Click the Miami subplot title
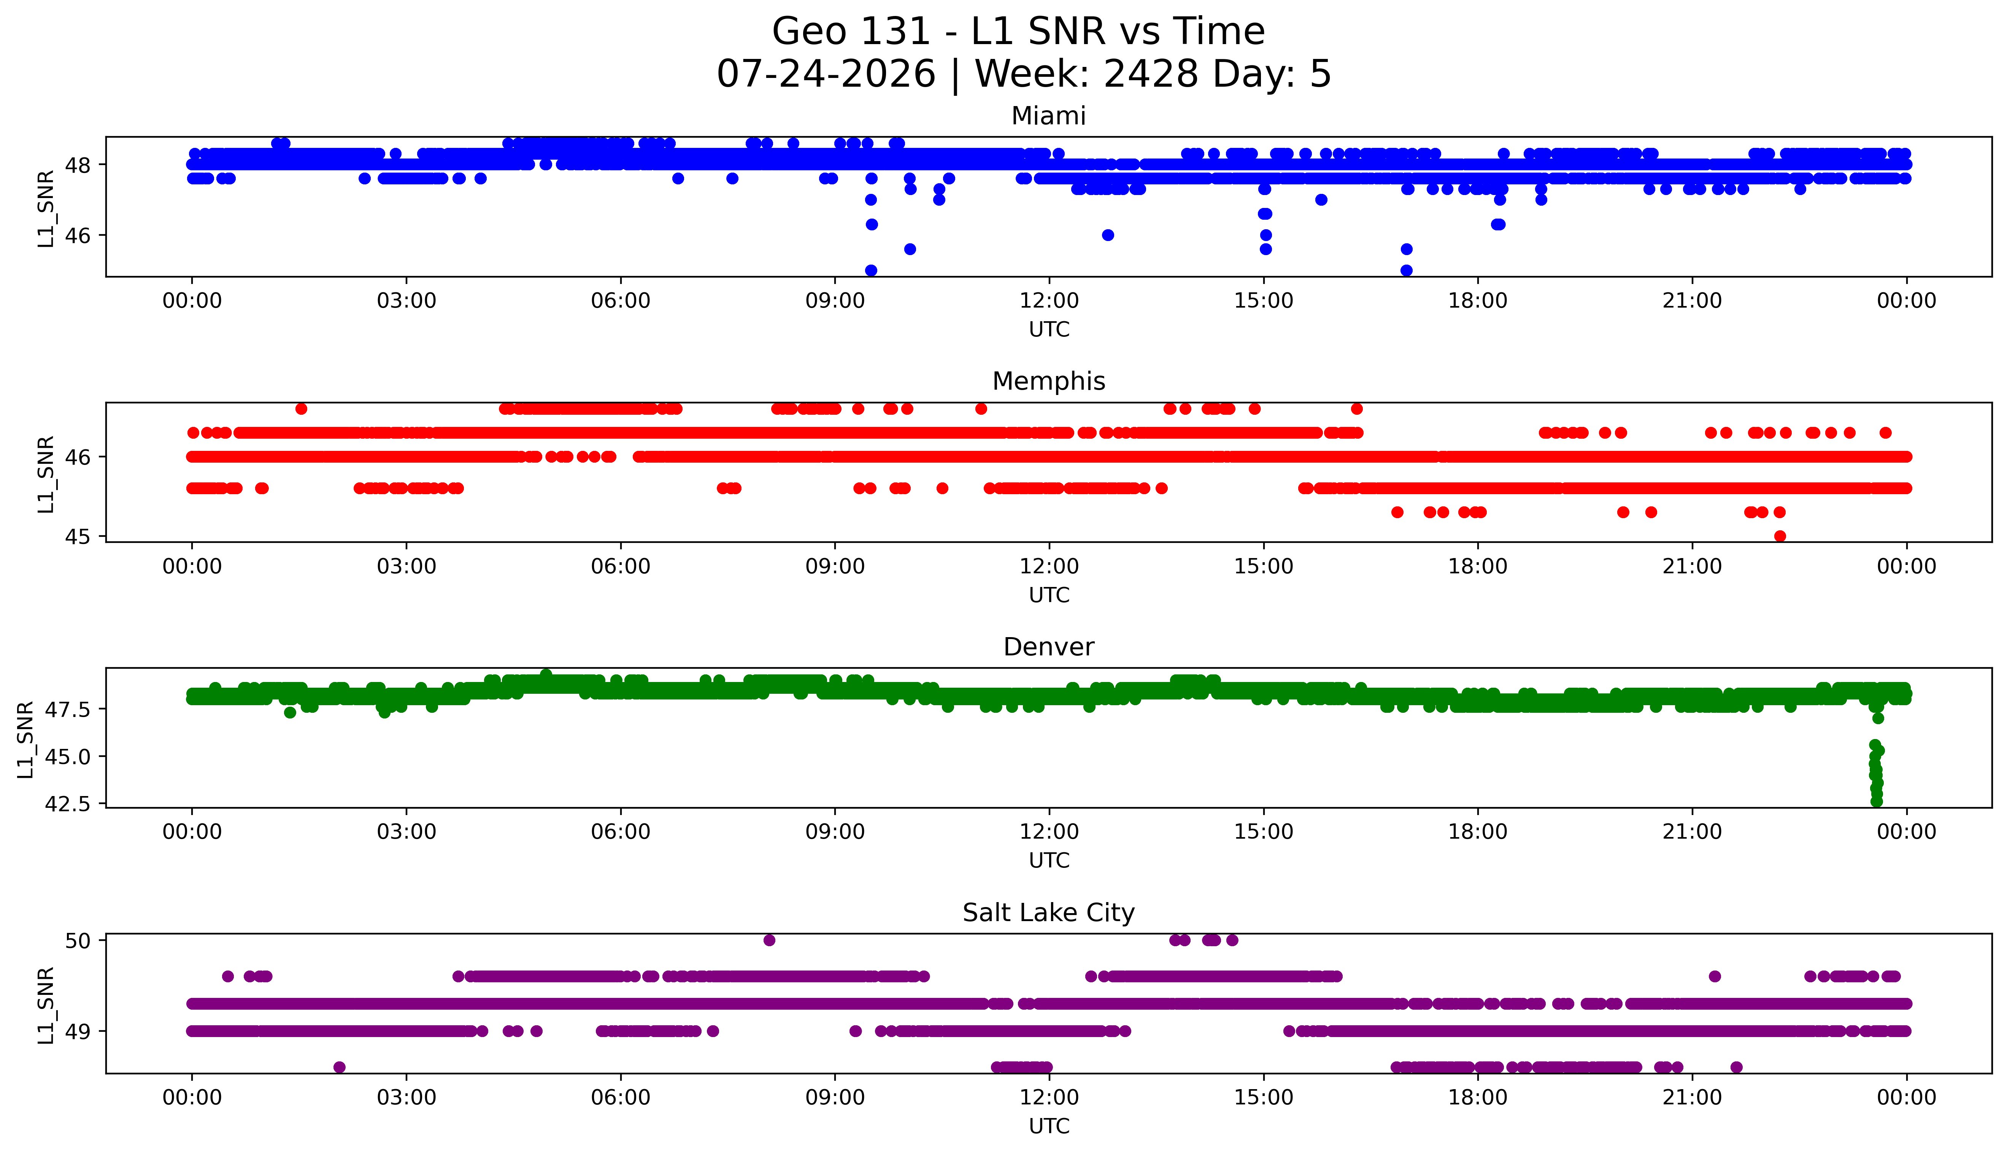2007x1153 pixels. pos(1048,116)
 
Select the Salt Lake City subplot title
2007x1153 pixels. pos(1048,913)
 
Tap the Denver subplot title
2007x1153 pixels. pos(1048,647)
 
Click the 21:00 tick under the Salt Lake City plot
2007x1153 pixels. pos(1692,1097)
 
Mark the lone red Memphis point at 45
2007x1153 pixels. pos(1780,536)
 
